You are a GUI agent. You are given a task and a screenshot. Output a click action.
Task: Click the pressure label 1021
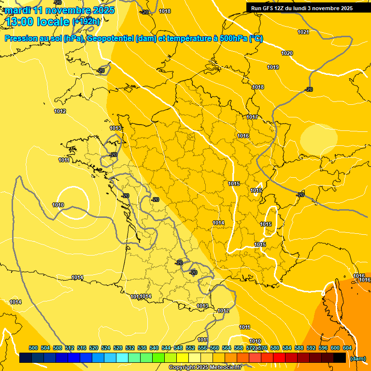click(x=303, y=32)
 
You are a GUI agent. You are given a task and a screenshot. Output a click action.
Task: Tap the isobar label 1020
click(x=287, y=53)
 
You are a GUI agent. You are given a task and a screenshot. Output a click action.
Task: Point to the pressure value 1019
click(x=273, y=67)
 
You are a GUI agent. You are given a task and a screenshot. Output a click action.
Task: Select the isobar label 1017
click(x=252, y=117)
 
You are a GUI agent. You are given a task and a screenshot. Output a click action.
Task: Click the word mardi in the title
click(x=18, y=10)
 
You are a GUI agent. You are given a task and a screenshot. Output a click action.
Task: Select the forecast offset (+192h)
click(x=86, y=21)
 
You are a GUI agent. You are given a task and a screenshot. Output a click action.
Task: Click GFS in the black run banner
click(x=269, y=8)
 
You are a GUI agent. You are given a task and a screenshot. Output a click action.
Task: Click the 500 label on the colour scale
click(x=33, y=348)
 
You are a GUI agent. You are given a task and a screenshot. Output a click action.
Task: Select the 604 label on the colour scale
click(x=347, y=348)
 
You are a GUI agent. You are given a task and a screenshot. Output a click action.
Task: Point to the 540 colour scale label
click(x=154, y=348)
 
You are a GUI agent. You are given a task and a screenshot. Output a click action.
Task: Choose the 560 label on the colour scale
click(x=214, y=348)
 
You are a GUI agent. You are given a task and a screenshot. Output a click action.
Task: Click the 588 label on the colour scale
click(x=299, y=348)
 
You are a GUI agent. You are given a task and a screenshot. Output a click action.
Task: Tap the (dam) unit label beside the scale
click(x=357, y=358)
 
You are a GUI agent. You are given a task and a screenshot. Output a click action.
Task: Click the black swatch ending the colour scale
click(x=340, y=358)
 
